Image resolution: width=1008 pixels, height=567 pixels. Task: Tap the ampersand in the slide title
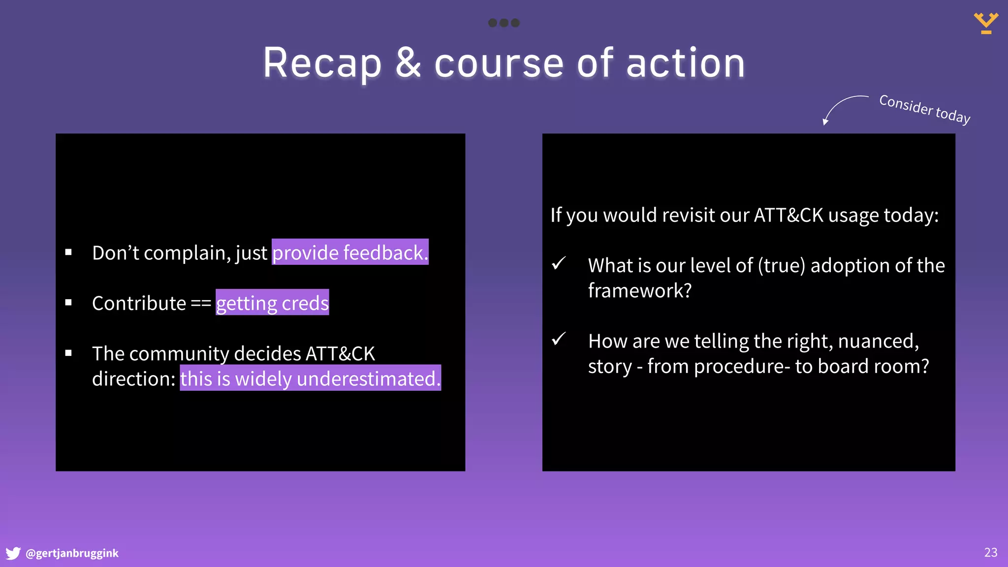(x=408, y=63)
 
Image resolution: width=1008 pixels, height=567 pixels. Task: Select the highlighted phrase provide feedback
(x=350, y=252)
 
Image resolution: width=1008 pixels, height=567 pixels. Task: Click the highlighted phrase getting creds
(x=272, y=303)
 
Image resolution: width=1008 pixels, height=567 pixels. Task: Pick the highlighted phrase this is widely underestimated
(x=310, y=378)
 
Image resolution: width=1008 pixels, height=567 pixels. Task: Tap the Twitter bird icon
(x=13, y=553)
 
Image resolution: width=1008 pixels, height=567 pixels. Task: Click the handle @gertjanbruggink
(x=72, y=553)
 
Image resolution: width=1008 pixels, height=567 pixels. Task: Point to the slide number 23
(x=990, y=552)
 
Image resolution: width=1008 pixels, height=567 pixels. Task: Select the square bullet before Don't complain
(x=68, y=252)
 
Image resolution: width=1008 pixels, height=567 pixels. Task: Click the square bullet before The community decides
(x=68, y=353)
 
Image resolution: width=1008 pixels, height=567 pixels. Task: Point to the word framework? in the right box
(x=639, y=290)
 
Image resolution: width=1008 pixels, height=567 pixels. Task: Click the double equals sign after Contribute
(x=201, y=303)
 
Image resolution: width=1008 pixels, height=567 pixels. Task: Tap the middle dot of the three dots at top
(x=504, y=23)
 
